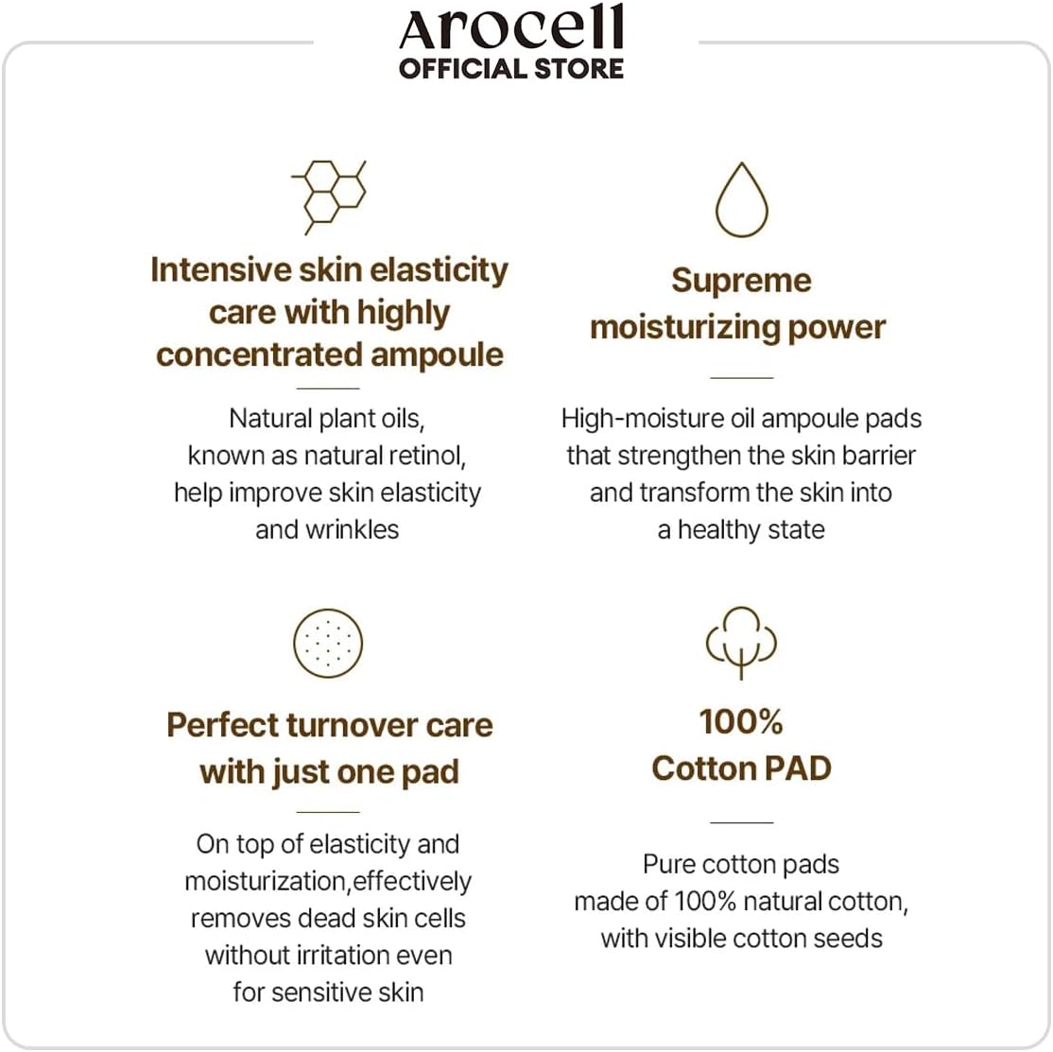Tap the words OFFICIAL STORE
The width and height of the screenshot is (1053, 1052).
pos(511,69)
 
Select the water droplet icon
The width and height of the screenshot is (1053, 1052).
pos(741,200)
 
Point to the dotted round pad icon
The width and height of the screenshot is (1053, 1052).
pos(328,643)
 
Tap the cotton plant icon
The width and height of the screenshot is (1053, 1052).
pos(741,642)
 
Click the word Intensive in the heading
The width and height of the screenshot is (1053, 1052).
pos(220,270)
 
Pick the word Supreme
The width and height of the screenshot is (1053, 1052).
pos(741,281)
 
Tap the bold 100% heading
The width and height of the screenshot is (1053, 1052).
pos(741,722)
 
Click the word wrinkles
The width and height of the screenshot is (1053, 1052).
pos(353,529)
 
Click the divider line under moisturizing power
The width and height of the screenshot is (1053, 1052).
pos(741,378)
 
